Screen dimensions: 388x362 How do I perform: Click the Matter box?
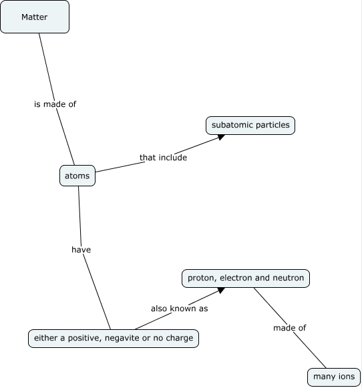[35, 17]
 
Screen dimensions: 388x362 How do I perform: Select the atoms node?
[77, 176]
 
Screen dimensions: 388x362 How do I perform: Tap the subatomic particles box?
[250, 125]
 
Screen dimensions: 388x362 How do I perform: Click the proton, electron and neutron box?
[246, 278]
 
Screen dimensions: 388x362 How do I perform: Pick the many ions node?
[334, 377]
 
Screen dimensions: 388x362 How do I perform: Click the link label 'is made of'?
[55, 104]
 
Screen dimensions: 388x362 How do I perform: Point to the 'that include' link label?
[163, 158]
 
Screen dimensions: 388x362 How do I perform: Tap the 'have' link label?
[81, 249]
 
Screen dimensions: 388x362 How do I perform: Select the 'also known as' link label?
[180, 309]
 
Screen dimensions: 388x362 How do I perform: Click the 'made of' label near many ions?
[289, 327]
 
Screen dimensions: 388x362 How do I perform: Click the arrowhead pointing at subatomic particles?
[220, 136]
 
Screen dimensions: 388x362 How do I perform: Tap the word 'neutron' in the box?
[288, 278]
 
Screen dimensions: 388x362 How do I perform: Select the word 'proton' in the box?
[201, 278]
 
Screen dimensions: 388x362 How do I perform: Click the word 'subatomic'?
[231, 125]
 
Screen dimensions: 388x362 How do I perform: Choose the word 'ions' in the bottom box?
[345, 377]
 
